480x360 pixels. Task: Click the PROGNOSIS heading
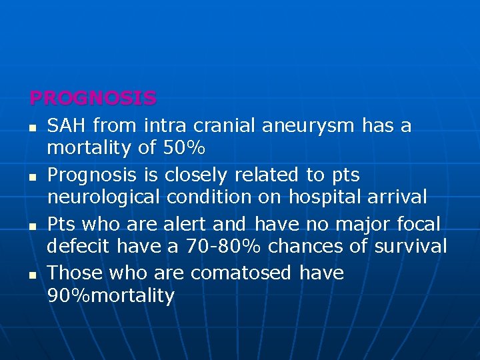click(x=93, y=99)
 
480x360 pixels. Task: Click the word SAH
click(x=67, y=125)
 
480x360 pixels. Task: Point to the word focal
click(x=417, y=223)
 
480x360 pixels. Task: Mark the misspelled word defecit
click(x=79, y=246)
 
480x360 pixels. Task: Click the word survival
click(x=411, y=246)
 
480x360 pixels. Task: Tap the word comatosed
click(x=241, y=273)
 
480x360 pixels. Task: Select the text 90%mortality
click(x=111, y=295)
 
